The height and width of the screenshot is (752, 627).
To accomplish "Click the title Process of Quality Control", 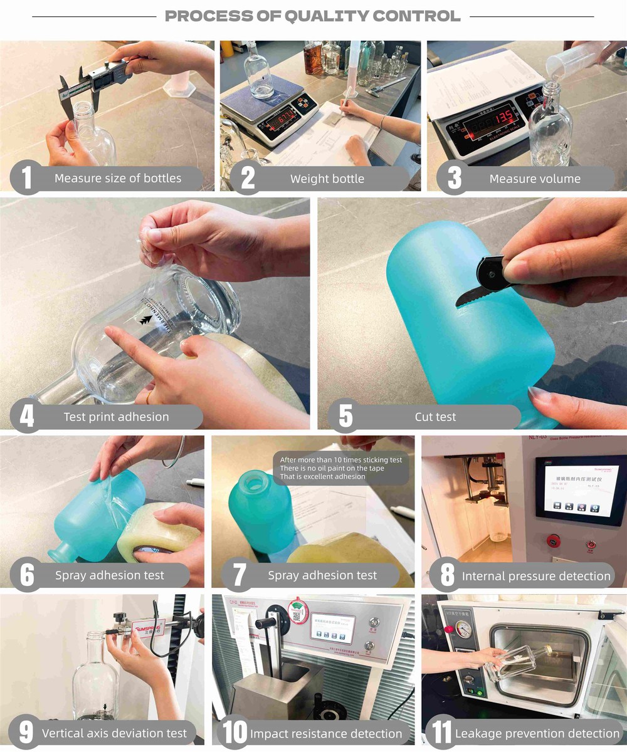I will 312,16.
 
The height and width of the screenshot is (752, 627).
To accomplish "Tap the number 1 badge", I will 26,178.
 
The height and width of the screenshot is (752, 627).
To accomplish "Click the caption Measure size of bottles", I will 117,178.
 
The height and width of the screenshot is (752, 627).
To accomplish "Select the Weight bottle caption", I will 327,179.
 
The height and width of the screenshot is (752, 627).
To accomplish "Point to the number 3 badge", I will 454,179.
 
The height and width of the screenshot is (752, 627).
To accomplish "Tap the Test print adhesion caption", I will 116,417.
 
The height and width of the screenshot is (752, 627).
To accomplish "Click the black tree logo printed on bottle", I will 146,320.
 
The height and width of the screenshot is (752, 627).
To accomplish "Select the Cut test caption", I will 435,417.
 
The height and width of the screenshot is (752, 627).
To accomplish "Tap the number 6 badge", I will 27,575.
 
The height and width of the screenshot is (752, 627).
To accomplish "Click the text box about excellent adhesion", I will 341,468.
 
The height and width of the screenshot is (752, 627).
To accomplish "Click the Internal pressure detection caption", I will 535,576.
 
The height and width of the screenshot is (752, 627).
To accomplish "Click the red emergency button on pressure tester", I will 554,540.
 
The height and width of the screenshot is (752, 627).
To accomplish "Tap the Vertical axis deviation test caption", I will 114,733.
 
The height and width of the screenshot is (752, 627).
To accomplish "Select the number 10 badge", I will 234,733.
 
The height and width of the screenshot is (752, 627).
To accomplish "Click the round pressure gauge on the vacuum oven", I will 463,629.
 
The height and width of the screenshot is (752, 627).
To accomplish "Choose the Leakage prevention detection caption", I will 537,733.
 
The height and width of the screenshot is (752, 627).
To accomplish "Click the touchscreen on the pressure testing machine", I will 580,487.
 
